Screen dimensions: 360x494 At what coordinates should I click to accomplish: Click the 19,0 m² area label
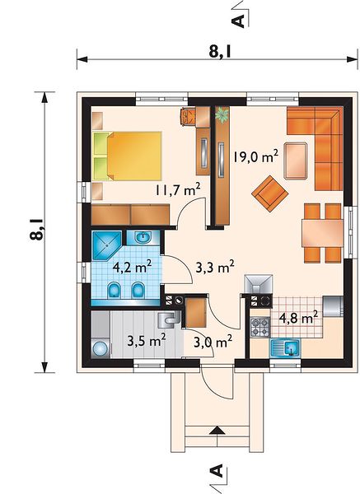point(255,156)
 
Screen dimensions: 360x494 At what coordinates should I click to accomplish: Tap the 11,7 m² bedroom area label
point(178,189)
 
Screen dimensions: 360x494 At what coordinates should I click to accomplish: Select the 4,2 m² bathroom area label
point(133,268)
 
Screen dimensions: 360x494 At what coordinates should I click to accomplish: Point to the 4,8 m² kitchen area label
point(298,318)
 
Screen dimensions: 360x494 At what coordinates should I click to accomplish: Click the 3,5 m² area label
point(147,341)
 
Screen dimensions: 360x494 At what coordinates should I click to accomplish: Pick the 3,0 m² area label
point(213,342)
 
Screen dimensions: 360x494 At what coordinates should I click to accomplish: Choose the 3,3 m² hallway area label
point(215,268)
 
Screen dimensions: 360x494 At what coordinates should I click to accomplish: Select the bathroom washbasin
point(143,238)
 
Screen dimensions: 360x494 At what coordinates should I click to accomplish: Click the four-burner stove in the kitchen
point(260,327)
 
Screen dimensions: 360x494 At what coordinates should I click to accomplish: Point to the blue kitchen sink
point(285,348)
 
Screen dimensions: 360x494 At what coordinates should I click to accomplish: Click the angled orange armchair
point(270,193)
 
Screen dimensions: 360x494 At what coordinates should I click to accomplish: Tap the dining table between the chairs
point(322,233)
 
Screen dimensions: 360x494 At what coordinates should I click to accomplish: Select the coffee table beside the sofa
point(296,161)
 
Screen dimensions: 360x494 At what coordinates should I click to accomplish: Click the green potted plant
point(222,114)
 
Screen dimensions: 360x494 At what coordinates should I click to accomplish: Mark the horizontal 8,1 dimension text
point(220,51)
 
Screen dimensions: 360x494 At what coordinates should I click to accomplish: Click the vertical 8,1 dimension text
point(37,230)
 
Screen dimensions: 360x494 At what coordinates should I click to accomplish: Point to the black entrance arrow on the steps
point(217,431)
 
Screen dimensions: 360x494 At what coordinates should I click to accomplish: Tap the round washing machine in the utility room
point(101,349)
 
